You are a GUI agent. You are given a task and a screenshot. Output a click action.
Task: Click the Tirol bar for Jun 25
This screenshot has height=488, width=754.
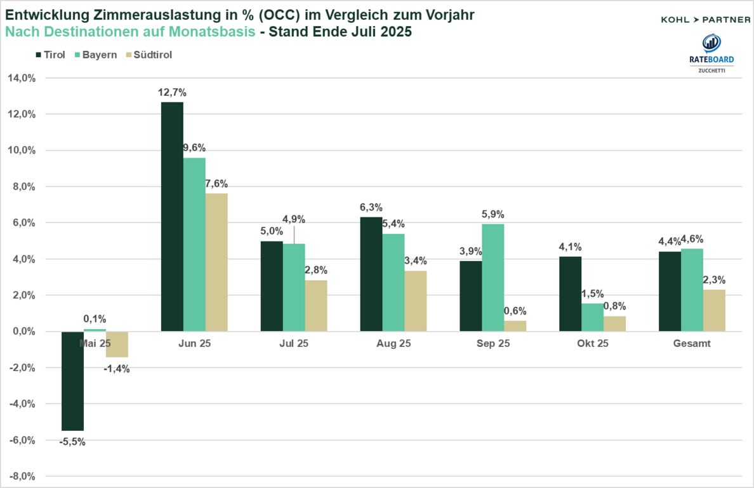click(x=172, y=216)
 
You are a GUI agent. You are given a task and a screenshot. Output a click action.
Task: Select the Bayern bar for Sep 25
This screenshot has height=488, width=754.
click(x=493, y=277)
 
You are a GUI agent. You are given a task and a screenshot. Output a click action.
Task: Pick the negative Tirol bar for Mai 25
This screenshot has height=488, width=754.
click(x=72, y=381)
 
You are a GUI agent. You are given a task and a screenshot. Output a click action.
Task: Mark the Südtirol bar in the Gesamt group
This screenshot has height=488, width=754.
click(x=714, y=310)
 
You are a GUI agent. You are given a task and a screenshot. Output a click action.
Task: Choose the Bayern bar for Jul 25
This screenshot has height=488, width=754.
click(x=294, y=287)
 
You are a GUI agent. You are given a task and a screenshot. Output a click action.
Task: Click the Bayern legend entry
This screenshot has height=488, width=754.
click(x=96, y=55)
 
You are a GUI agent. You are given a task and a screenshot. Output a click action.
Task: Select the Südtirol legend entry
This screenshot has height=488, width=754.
click(x=149, y=55)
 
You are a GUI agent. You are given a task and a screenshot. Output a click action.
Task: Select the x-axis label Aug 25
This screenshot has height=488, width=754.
click(x=394, y=344)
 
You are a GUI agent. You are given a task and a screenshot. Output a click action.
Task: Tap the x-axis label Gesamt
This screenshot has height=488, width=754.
click(x=692, y=344)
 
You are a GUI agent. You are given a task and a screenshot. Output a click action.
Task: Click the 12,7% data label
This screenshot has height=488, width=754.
click(x=172, y=93)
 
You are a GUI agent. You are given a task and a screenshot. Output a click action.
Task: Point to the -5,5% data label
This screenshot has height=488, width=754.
click(x=72, y=442)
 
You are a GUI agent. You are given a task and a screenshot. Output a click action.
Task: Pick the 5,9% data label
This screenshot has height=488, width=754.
click(x=493, y=214)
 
